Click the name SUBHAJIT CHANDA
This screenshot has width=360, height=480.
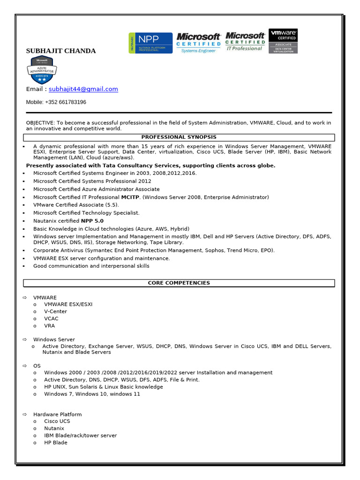(61, 51)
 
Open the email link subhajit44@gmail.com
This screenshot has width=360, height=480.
(83, 89)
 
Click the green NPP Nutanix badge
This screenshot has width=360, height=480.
(150, 43)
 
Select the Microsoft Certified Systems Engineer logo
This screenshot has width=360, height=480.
(198, 43)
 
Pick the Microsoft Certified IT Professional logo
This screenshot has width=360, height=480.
(245, 42)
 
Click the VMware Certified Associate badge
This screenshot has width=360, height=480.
(283, 41)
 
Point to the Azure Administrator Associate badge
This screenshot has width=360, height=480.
(42, 70)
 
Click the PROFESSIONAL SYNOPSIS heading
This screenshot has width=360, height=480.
(179, 137)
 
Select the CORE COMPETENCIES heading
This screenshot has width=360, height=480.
(179, 283)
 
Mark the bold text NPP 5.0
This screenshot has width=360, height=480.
(92, 221)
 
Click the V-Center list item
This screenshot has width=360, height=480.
(55, 312)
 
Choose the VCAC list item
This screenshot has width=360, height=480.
(51, 319)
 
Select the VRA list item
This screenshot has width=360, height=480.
(50, 326)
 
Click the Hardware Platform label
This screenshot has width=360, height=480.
(57, 414)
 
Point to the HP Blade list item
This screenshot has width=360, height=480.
(56, 442)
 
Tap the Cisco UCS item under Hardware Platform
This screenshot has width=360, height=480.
(57, 421)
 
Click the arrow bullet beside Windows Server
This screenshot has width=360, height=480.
(25, 339)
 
